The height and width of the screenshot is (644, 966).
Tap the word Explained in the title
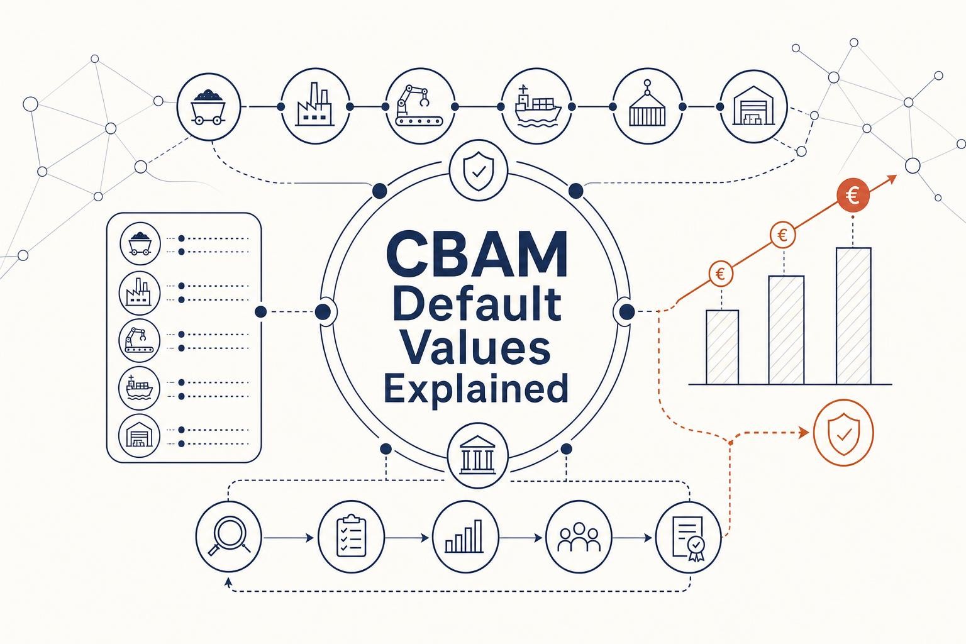476,388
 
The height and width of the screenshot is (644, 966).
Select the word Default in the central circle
477,304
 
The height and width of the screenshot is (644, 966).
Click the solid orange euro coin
853,196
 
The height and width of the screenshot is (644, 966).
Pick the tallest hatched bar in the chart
853,316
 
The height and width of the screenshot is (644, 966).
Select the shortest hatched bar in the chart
723,347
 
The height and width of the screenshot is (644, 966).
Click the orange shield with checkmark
843,433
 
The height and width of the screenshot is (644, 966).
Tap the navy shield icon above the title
478,171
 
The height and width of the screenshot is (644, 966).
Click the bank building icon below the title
478,456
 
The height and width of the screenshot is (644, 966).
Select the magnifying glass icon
228,536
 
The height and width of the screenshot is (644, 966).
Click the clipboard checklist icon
351,536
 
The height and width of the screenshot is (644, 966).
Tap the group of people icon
579,536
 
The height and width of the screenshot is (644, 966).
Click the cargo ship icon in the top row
537,106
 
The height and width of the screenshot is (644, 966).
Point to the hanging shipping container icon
647,106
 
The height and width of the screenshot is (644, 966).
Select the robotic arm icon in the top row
420,106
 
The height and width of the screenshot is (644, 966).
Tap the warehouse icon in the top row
754,106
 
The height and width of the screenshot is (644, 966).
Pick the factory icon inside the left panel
139,293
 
